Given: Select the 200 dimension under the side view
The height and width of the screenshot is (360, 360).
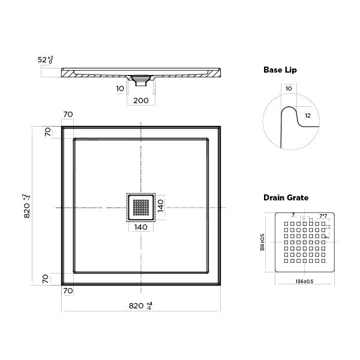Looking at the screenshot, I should (x=140, y=100).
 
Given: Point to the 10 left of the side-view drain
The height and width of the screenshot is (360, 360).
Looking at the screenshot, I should (x=120, y=88).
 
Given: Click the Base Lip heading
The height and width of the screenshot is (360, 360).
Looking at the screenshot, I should (x=280, y=70).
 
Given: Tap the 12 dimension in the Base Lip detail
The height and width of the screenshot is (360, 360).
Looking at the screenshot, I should (x=308, y=115).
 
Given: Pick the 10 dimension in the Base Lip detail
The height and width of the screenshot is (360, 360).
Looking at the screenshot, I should (x=290, y=88).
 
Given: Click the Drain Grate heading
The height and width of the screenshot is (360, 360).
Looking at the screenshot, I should (x=285, y=197).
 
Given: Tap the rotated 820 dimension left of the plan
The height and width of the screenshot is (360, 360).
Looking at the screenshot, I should (x=27, y=206).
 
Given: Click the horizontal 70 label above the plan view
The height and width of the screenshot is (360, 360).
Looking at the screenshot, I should (x=67, y=115).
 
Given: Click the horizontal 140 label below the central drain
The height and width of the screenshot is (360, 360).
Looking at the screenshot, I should (x=140, y=227).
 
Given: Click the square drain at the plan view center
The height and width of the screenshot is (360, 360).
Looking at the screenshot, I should (x=140, y=207).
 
